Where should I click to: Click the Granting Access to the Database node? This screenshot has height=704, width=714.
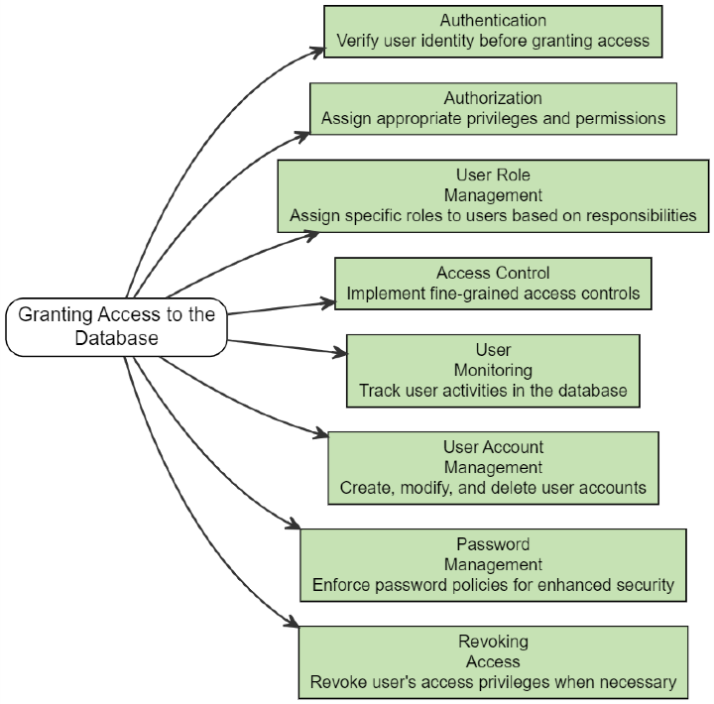click(x=117, y=326)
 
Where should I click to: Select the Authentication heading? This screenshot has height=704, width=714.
click(x=493, y=20)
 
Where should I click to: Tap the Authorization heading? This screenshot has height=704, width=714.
click(x=493, y=97)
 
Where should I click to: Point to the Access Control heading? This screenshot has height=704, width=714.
click(x=493, y=273)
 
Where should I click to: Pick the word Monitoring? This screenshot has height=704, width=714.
click(x=493, y=370)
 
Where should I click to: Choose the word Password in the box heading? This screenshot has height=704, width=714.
click(x=493, y=543)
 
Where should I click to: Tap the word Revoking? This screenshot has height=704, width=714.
click(x=493, y=641)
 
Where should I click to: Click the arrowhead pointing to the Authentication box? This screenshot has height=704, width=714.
click(x=318, y=49)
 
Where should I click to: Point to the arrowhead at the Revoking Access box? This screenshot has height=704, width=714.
click(x=294, y=623)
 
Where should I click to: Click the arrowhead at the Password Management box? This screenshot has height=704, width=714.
click(x=295, y=526)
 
